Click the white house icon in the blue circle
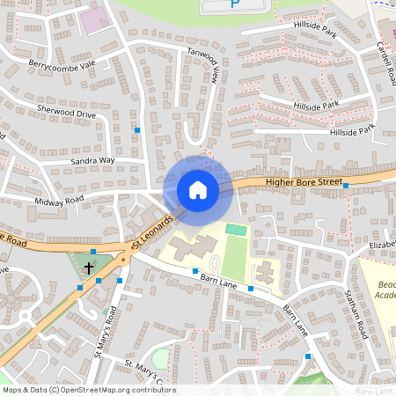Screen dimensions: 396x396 point(198,189)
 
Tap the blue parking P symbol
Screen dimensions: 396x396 point(234,4)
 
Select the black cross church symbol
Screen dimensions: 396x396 point(89,266)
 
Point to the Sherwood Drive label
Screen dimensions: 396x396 point(66,114)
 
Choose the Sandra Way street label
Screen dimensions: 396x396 point(92,161)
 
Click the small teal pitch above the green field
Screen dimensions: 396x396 point(235,229)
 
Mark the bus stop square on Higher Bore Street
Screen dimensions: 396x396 point(346,186)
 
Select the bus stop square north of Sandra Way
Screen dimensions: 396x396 point(137,130)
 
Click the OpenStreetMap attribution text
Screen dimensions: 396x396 point(88,390)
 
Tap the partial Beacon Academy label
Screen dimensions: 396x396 point(386,290)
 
